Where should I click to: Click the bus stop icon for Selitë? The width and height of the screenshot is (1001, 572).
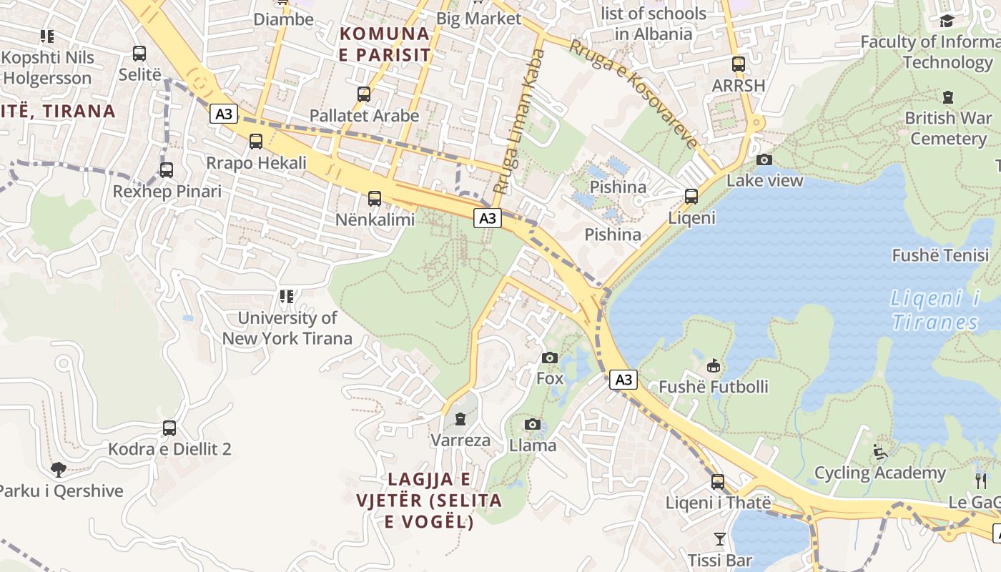click(x=139, y=54)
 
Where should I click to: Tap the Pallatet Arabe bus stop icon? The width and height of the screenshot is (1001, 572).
click(x=364, y=94)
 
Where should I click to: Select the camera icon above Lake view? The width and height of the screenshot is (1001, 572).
click(x=764, y=159)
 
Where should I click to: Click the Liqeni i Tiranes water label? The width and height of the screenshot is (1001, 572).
click(x=935, y=310)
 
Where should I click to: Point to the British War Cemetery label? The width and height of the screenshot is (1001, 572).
click(x=948, y=128)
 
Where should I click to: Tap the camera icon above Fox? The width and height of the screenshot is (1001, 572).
click(x=550, y=357)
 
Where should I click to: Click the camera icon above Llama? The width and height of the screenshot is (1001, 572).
click(x=532, y=425)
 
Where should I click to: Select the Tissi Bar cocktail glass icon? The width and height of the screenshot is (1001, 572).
click(x=719, y=538)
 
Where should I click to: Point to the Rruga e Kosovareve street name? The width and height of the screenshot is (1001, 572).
click(x=633, y=93)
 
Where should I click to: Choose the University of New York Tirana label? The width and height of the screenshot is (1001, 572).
click(x=287, y=328)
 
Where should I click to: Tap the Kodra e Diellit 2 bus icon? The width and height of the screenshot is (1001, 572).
click(x=169, y=428)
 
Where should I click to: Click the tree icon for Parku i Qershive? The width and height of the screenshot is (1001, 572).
click(x=59, y=470)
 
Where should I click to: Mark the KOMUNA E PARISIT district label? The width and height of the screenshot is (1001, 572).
click(x=385, y=44)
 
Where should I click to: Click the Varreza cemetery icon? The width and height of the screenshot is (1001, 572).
click(x=460, y=419)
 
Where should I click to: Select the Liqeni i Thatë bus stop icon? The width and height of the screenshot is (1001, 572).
click(x=718, y=482)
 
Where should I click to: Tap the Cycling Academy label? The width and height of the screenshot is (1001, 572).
click(x=880, y=473)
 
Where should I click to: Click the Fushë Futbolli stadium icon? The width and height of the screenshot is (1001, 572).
click(x=713, y=366)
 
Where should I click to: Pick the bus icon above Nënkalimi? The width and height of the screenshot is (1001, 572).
click(x=375, y=199)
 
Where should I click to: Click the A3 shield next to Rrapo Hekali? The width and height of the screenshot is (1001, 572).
click(x=224, y=114)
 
